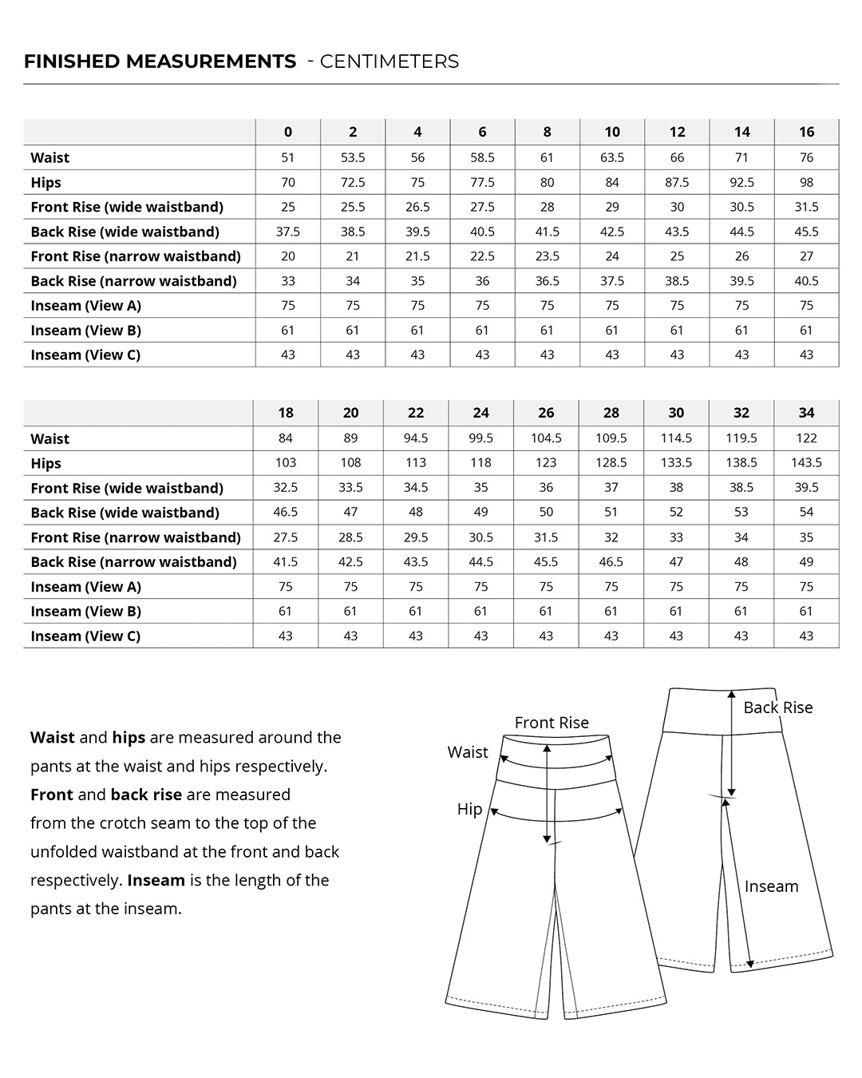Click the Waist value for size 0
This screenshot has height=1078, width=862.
(288, 157)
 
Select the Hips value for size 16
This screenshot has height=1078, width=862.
(806, 182)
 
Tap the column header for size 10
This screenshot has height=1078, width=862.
(612, 132)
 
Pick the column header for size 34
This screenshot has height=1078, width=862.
(806, 413)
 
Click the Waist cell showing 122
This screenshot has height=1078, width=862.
(806, 438)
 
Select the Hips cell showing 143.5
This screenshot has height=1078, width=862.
(806, 462)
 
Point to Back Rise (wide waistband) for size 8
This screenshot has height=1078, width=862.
(547, 232)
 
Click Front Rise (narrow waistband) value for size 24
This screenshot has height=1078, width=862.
(480, 537)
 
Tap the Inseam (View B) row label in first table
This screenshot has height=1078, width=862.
(85, 330)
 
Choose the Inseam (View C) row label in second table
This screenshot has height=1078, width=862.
(85, 636)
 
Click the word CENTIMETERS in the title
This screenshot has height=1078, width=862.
(389, 61)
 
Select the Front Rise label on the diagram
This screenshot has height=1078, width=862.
(552, 723)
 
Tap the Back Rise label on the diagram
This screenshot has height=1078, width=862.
(777, 707)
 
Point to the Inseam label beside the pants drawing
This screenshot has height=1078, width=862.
(771, 886)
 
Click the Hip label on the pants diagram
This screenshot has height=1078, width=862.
(469, 809)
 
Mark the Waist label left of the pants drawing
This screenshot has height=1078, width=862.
(468, 752)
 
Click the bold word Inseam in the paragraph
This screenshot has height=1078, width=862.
(156, 880)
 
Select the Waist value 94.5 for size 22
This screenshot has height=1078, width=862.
(416, 438)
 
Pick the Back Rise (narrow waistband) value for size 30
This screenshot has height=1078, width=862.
(676, 561)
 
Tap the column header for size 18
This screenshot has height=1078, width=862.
(286, 413)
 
